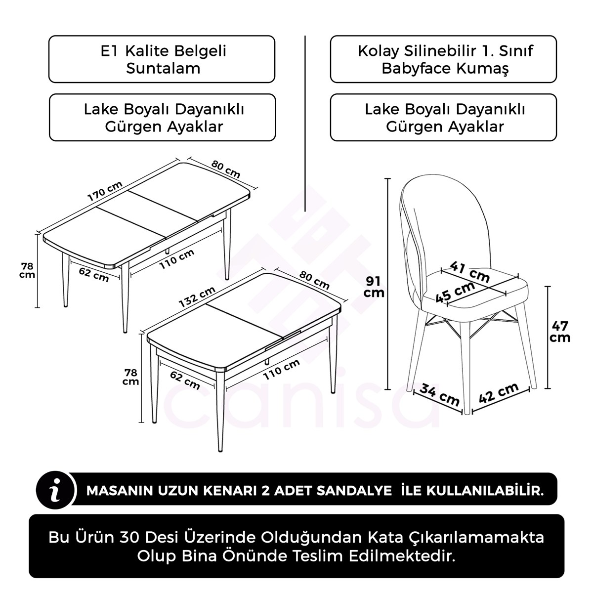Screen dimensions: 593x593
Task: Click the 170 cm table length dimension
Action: (x=105, y=191)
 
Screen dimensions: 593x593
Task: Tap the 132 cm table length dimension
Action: (x=197, y=296)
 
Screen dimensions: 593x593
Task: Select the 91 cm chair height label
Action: (x=374, y=287)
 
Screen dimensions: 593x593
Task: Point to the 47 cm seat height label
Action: (x=560, y=332)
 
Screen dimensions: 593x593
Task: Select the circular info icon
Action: (x=56, y=489)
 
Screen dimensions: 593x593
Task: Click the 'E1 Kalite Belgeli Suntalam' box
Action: (x=162, y=59)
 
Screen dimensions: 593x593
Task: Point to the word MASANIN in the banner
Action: (x=118, y=491)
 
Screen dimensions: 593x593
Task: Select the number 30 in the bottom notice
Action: (x=131, y=537)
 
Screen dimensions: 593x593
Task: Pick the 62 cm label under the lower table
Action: (x=185, y=380)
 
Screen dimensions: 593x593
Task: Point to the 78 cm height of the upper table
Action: (x=27, y=270)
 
